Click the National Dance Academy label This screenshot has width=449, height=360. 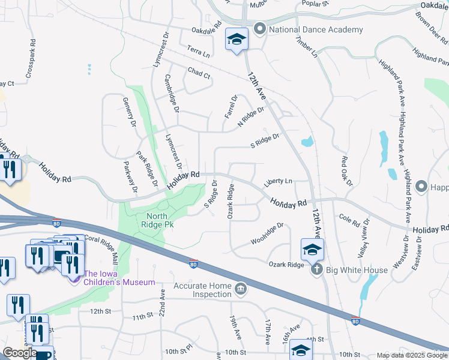click(316, 29)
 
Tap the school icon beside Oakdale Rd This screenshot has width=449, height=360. click(237, 40)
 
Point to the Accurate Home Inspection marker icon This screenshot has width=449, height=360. click(240, 290)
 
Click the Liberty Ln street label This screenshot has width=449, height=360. click(280, 181)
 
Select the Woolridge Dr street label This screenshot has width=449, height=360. click(267, 234)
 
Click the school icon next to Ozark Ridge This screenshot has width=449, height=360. click(312, 249)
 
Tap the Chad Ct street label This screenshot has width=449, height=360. click(199, 74)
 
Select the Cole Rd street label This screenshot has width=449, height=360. click(349, 218)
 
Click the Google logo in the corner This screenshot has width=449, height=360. click(19, 353)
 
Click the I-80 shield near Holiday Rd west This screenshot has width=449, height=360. click(56, 222)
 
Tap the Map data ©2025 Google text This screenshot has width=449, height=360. click(411, 355)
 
